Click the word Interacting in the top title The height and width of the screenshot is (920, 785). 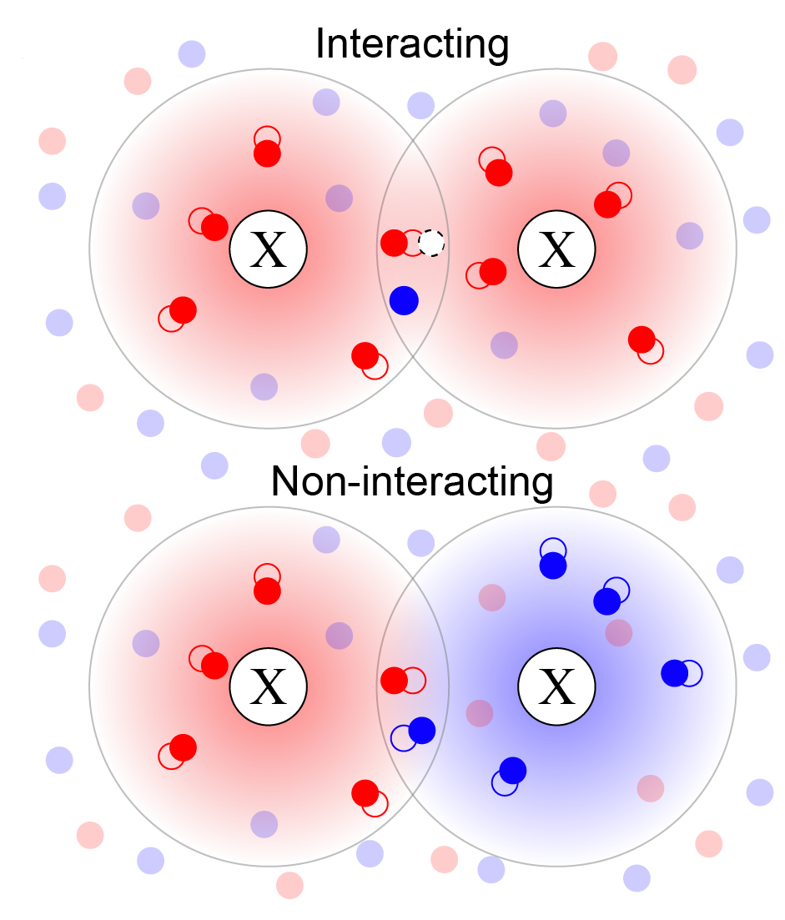[x=412, y=44]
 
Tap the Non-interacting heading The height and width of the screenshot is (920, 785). [x=412, y=482]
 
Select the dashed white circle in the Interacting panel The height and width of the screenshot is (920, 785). [x=431, y=243]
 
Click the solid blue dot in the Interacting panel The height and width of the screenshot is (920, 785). [x=404, y=300]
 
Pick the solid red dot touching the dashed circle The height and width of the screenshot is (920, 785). [x=394, y=243]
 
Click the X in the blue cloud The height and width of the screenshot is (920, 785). [x=556, y=687]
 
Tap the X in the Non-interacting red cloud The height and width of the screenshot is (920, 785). [x=269, y=687]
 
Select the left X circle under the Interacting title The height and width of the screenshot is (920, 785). [x=269, y=249]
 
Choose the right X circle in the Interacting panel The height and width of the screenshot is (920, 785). [x=556, y=249]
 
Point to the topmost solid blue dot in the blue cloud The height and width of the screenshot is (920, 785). [x=552, y=566]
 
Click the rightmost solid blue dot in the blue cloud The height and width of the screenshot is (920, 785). [x=674, y=672]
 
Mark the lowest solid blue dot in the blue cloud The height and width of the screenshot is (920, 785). [x=512, y=770]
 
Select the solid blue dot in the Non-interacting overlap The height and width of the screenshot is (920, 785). [x=422, y=730]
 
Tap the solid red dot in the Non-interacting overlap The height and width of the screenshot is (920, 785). [x=394, y=680]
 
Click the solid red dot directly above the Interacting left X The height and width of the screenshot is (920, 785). [x=267, y=153]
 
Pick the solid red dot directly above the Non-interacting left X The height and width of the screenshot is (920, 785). [x=267, y=591]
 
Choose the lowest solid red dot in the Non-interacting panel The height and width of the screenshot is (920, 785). [x=365, y=792]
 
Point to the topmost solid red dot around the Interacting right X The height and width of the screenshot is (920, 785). [x=499, y=173]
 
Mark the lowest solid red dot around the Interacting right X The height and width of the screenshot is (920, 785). [x=641, y=339]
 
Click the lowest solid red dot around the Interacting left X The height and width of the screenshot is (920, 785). [x=365, y=355]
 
